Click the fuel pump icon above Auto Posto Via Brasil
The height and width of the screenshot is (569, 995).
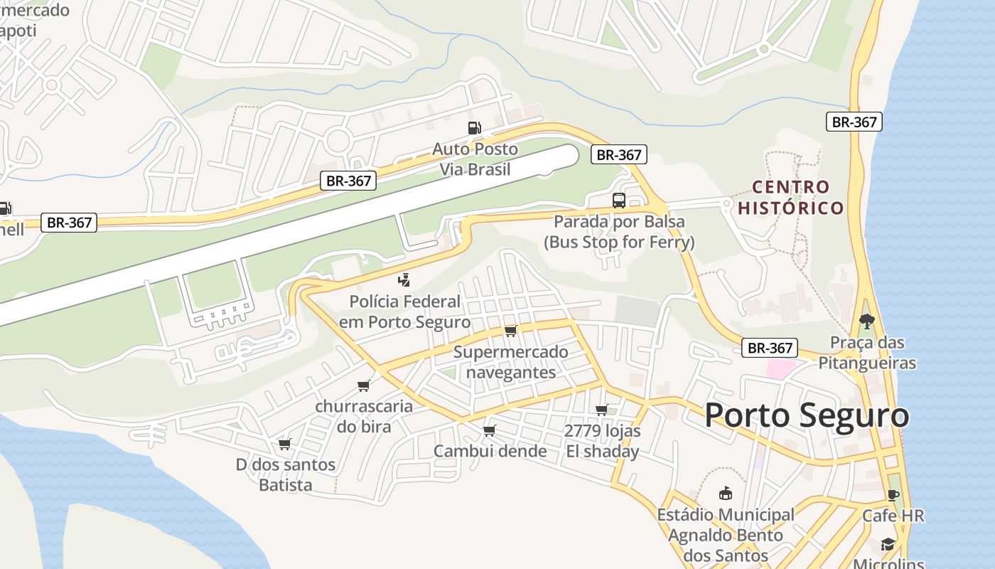click(x=474, y=128)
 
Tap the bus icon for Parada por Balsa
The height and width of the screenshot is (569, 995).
click(x=619, y=201)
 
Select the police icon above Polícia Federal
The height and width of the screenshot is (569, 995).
click(x=404, y=280)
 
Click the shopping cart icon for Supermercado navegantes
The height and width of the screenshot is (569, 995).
click(x=510, y=331)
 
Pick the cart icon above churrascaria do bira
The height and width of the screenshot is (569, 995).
click(x=364, y=385)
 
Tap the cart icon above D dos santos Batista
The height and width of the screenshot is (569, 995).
click(x=285, y=444)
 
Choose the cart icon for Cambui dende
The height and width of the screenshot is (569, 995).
click(x=489, y=430)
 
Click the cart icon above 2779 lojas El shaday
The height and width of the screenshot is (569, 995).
click(x=601, y=410)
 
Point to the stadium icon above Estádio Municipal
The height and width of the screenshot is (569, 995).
click(x=725, y=493)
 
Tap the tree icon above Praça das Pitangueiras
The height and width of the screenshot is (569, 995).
click(x=866, y=321)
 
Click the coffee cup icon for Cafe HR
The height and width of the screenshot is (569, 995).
click(x=893, y=495)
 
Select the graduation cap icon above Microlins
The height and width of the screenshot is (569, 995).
click(x=888, y=544)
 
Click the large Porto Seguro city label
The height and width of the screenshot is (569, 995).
click(x=807, y=415)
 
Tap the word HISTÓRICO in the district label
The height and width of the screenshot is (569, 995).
click(x=791, y=208)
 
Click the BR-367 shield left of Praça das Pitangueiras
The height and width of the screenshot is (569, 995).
click(x=770, y=348)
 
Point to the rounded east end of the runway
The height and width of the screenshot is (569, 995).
click(x=569, y=156)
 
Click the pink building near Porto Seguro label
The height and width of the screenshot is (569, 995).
click(x=780, y=369)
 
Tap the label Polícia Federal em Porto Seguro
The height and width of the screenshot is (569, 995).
click(x=404, y=312)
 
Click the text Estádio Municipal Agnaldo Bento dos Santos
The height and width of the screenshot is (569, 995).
click(x=725, y=535)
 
